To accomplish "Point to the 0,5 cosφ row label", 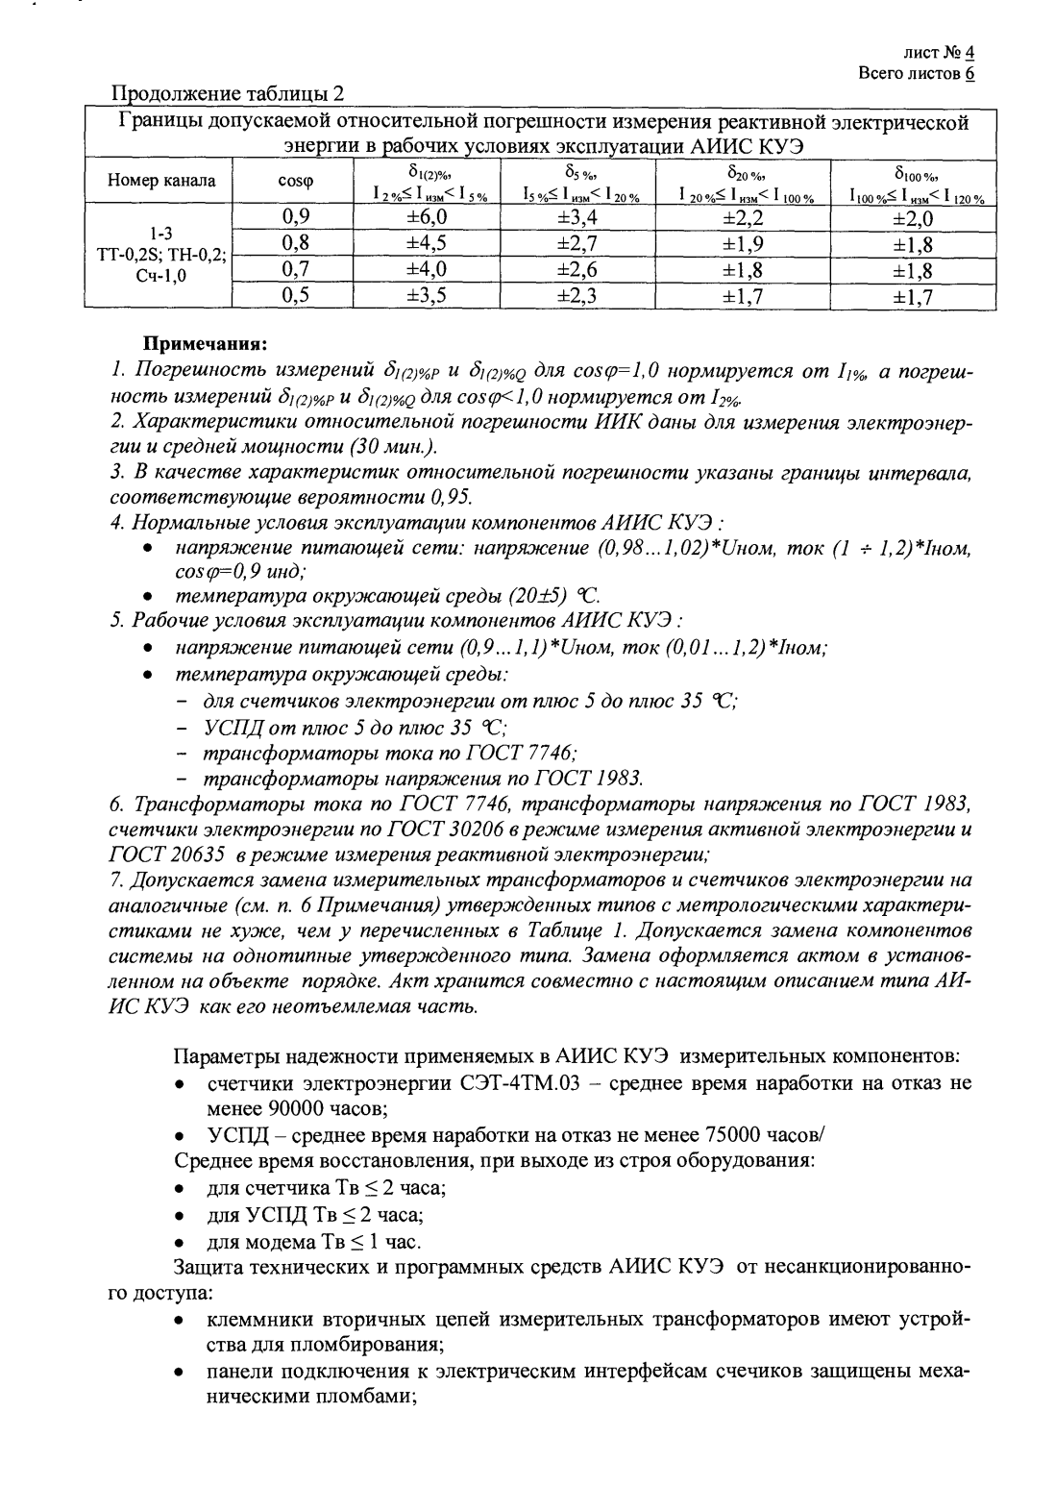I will pos(294,296).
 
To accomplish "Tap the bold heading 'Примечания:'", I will pos(205,342).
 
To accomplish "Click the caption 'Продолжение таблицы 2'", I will pos(229,93).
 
